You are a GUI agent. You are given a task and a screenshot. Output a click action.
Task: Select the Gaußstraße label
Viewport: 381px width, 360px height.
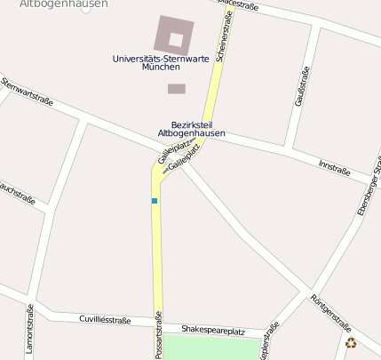coord(302,86)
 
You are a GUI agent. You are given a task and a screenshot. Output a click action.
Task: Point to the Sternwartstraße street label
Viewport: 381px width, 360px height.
coord(28,92)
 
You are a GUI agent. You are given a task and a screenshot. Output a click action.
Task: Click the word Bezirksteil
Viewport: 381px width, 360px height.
coord(192,124)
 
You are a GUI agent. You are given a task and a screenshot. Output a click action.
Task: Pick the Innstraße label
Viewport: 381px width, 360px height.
coord(335,167)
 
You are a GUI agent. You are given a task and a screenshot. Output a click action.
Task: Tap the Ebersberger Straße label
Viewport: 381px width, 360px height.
coord(369,188)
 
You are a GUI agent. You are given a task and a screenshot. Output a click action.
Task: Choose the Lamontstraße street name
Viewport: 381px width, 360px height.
coord(29,329)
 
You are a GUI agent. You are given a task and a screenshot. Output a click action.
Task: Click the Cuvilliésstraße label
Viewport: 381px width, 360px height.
coord(105,320)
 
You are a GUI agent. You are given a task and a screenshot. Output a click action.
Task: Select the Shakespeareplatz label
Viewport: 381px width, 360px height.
coord(212,330)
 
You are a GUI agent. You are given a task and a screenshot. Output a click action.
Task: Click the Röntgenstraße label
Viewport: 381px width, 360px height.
coord(331,312)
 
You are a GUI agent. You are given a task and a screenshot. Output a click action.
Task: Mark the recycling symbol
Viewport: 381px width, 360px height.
coord(351,343)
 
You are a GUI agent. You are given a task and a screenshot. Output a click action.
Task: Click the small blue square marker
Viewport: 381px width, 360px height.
coord(155,201)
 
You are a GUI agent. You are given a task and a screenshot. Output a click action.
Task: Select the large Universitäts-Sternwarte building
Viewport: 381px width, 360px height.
coord(175,35)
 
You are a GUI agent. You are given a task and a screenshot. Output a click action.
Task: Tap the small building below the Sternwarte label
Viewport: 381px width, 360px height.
coord(177,88)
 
